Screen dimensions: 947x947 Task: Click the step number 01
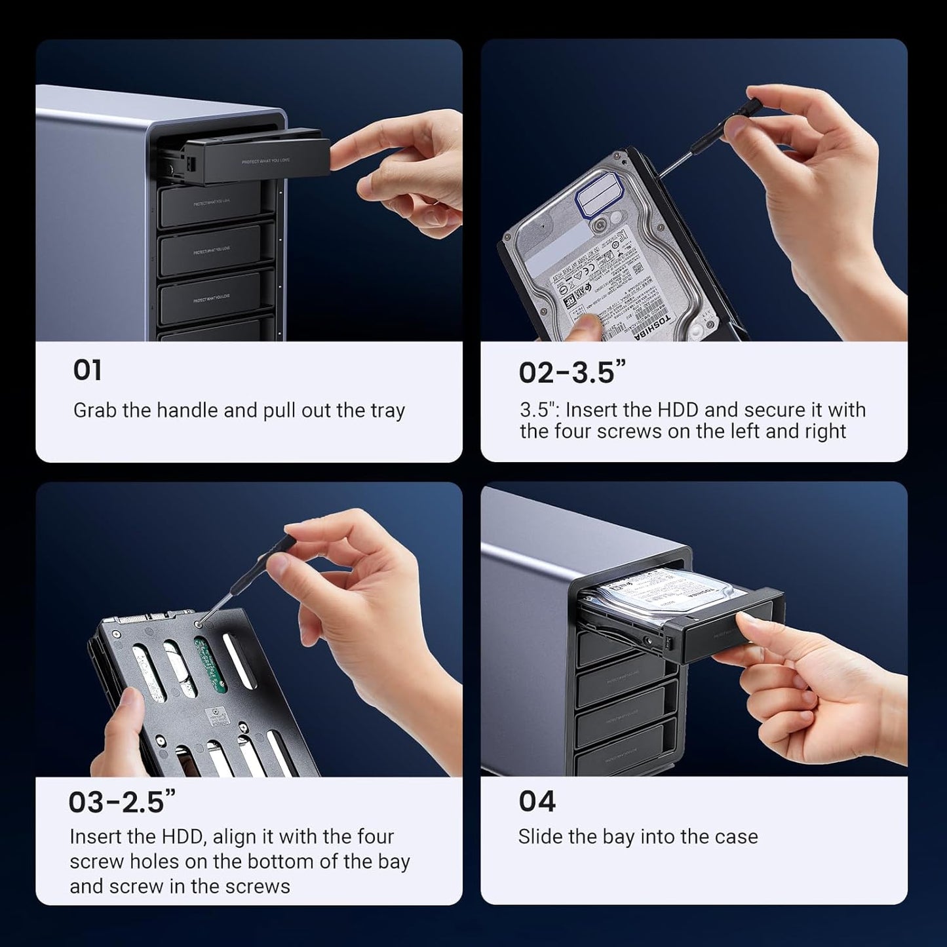[87, 370]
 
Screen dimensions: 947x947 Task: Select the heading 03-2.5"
[122, 802]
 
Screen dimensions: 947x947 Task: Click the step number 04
[537, 802]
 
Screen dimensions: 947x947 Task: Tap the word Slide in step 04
[537, 837]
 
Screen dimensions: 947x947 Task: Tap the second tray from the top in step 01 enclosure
[216, 204]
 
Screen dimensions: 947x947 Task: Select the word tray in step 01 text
[387, 411]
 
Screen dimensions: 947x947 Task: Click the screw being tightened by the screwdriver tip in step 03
[199, 623]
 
